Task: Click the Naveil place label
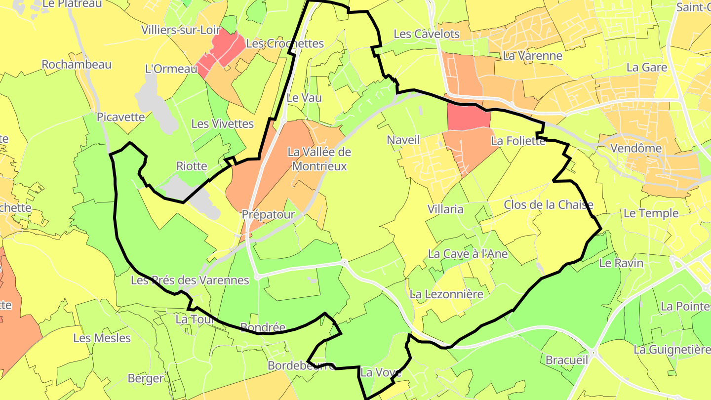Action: (403, 140)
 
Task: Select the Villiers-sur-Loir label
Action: (181, 30)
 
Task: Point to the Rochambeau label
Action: (77, 65)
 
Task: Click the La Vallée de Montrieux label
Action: (319, 159)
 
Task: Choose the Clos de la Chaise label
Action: (548, 204)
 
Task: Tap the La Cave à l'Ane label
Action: (468, 254)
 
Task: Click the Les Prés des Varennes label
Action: (190, 280)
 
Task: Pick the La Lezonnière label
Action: (446, 294)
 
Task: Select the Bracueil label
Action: (566, 360)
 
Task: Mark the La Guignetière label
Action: (672, 350)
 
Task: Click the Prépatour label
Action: (268, 214)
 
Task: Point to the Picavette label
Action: (121, 117)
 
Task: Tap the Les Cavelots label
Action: (427, 34)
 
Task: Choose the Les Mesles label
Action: (102, 338)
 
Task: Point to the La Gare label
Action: (647, 67)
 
